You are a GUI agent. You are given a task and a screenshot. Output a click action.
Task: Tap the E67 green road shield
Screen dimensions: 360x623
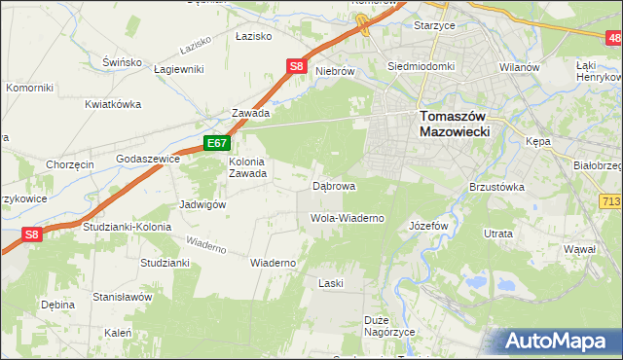pyautogui.click(x=216, y=143)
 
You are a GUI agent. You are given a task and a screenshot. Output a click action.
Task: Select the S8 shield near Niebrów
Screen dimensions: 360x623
pyautogui.click(x=298, y=67)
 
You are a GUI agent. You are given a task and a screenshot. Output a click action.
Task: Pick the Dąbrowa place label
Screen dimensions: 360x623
pyautogui.click(x=333, y=185)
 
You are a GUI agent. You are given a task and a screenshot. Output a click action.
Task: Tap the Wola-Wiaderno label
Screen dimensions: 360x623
pyautogui.click(x=348, y=218)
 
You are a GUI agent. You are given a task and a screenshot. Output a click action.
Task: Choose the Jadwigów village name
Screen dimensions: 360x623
pyautogui.click(x=202, y=204)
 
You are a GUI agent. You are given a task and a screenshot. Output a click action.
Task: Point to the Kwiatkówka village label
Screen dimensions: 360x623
pyautogui.click(x=113, y=104)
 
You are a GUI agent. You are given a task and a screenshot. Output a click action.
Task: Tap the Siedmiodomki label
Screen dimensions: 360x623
pyautogui.click(x=421, y=66)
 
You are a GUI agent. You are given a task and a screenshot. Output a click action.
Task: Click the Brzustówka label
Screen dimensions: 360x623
pyautogui.click(x=496, y=186)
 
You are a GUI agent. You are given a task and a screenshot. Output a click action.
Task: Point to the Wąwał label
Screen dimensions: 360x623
pyautogui.click(x=579, y=249)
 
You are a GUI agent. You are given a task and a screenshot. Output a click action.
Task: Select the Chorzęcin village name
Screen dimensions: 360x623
pyautogui.click(x=69, y=164)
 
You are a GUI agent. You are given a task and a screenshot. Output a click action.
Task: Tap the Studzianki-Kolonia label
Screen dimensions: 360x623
pyautogui.click(x=127, y=227)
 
